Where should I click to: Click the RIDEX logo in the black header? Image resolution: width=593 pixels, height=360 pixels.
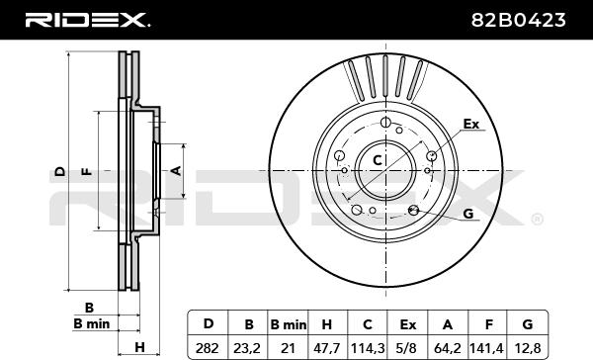click(88, 20)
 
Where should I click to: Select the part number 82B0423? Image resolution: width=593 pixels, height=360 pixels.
click(519, 20)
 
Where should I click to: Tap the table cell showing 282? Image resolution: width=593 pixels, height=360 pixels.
click(208, 348)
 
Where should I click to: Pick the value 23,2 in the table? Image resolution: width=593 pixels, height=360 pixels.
click(247, 348)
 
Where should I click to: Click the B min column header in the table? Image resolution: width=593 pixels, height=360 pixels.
click(289, 324)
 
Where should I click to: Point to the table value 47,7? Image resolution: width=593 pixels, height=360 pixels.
click(326, 348)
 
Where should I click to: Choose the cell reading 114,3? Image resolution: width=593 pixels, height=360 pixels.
click(368, 348)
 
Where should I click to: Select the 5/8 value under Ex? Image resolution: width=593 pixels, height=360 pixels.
click(407, 348)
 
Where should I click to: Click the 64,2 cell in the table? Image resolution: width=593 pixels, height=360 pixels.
click(448, 348)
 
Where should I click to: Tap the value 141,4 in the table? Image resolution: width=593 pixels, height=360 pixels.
click(487, 348)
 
